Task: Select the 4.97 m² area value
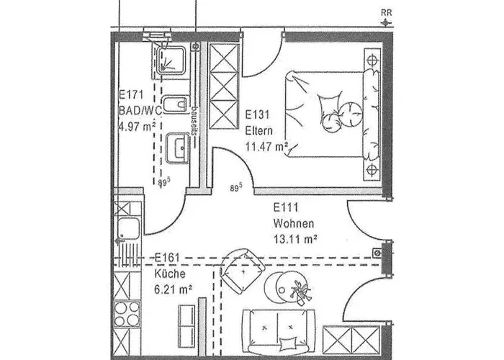tap(137, 127)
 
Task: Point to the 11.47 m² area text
tap(267, 148)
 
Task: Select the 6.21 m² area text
tap(171, 289)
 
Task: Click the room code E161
tap(168, 257)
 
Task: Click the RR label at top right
tap(387, 12)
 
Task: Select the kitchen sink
tap(129, 228)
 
